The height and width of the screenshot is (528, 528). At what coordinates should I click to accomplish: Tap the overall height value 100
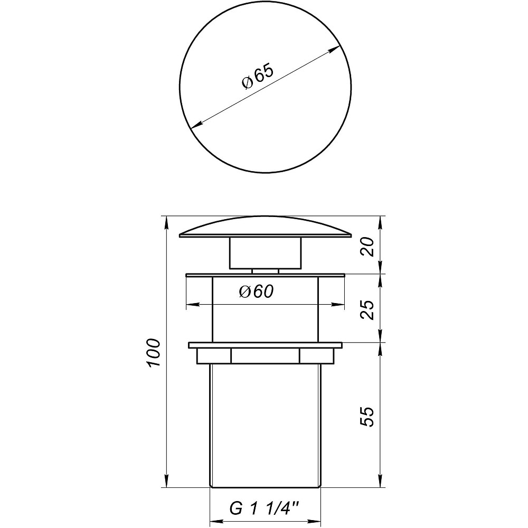[153, 353]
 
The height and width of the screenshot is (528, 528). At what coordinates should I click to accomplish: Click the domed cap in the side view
[265, 227]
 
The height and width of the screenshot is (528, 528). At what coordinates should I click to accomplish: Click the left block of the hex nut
[213, 356]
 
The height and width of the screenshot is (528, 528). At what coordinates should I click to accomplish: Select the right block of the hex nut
[317, 356]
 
